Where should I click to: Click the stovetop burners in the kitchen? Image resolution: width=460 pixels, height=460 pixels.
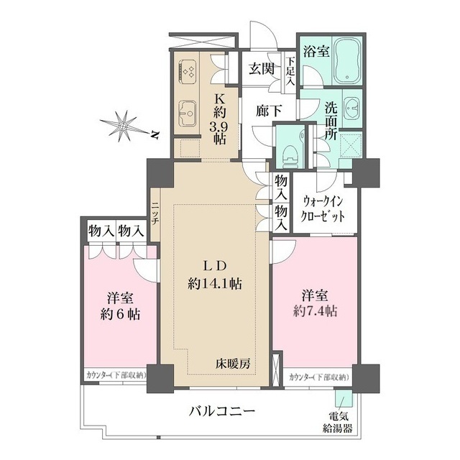(x=190, y=70)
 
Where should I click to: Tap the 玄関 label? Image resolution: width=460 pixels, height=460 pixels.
(x=262, y=70)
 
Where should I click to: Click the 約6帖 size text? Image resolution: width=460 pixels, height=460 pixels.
(x=119, y=314)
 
